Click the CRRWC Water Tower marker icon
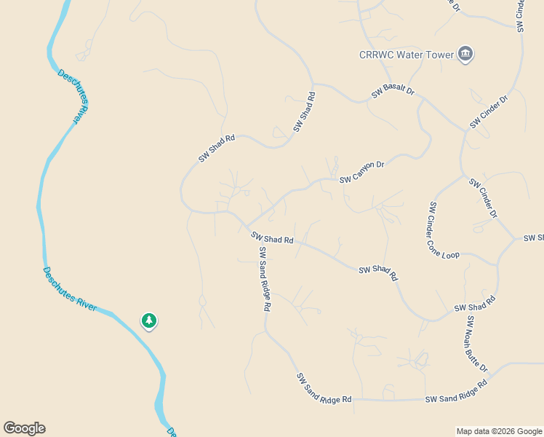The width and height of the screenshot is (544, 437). click(x=465, y=54)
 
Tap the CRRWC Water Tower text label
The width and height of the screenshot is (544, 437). click(x=406, y=55)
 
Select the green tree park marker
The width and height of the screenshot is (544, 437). click(x=149, y=320)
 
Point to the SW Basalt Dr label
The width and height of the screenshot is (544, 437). click(x=393, y=92)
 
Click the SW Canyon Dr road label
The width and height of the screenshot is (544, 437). click(x=361, y=172)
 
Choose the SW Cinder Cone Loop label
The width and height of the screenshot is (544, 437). click(x=444, y=231)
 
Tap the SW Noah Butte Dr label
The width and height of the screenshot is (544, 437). click(x=477, y=345)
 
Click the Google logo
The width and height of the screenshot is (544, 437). click(x=24, y=428)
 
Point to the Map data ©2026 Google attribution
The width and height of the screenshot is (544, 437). click(x=499, y=431)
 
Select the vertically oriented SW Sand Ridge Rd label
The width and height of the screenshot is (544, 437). click(x=265, y=280)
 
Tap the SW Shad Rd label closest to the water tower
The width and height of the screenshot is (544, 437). click(x=305, y=111)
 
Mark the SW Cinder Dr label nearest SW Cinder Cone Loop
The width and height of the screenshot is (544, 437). click(x=483, y=199)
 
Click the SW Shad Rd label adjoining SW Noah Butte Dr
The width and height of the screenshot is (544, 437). click(x=474, y=304)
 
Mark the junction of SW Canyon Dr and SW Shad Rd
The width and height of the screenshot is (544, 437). click(x=245, y=227)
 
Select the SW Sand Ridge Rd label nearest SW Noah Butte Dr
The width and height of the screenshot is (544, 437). click(x=456, y=392)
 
